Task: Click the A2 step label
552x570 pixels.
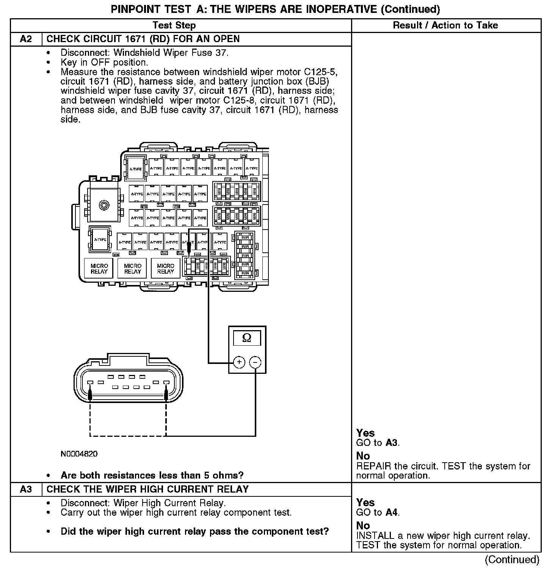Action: (x=26, y=39)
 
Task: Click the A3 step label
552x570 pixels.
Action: (x=26, y=489)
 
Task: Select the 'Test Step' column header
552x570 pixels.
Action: (x=174, y=25)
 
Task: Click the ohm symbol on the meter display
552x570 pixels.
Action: (x=246, y=338)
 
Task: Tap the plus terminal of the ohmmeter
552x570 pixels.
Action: (x=239, y=362)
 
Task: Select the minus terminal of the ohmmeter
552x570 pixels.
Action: (x=255, y=362)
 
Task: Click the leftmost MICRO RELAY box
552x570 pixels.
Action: (x=99, y=269)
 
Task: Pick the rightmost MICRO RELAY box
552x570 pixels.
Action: (x=165, y=269)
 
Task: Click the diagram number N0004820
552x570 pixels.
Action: (x=79, y=454)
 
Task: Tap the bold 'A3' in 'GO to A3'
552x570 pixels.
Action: (x=392, y=443)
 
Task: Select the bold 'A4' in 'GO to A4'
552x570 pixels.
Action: (x=392, y=513)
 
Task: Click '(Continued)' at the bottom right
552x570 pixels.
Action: (x=512, y=559)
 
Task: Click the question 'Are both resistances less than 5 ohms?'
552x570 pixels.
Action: (x=152, y=475)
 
